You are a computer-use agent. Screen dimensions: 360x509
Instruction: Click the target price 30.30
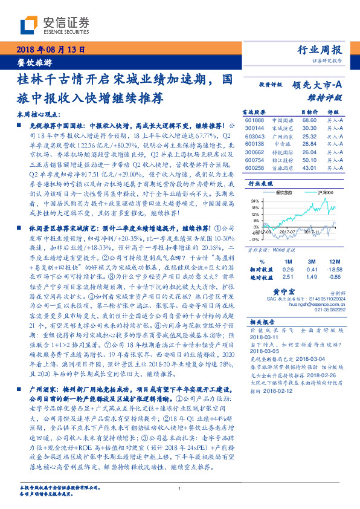pyautogui.click(x=309, y=128)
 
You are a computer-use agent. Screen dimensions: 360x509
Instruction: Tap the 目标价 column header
pyautogui.click(x=309, y=112)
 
